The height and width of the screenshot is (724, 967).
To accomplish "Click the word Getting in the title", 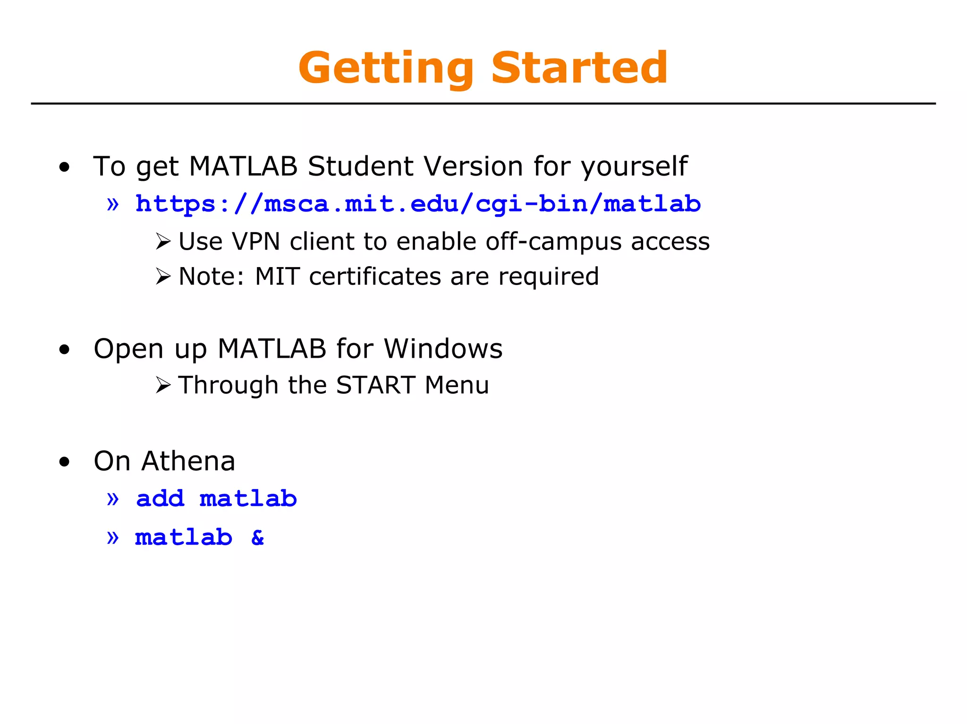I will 386,68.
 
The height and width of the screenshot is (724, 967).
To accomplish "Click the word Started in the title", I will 579,68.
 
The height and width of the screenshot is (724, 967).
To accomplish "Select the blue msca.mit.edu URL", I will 418,204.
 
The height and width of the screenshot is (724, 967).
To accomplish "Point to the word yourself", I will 634,167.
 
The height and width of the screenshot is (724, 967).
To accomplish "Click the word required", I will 549,277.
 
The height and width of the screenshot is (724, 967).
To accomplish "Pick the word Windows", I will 443,349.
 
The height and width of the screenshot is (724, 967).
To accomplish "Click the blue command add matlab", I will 216,499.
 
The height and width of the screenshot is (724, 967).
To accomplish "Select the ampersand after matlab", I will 258,538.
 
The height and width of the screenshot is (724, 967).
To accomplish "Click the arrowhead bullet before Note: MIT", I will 163,277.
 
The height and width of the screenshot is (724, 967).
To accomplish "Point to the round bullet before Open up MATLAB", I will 65,350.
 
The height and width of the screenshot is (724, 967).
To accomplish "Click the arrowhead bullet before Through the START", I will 163,386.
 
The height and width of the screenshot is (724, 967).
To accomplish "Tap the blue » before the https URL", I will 112,204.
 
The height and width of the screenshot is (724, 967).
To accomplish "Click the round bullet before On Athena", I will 65,462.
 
